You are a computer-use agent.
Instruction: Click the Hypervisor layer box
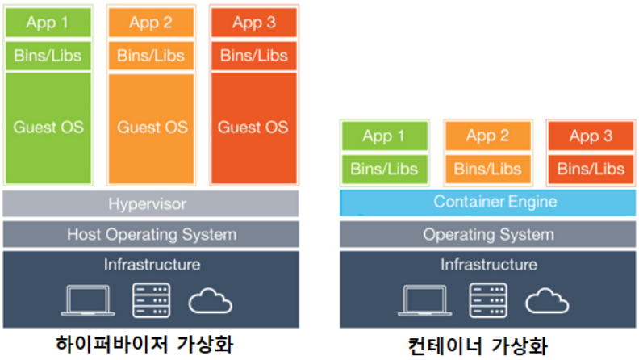click(150, 203)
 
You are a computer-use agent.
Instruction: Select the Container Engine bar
click(488, 203)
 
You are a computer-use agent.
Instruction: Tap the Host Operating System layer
click(151, 234)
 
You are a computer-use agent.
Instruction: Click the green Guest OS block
click(48, 128)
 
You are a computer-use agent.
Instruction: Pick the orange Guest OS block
click(151, 128)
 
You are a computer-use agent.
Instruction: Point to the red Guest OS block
click(254, 128)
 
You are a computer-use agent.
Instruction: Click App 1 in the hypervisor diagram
click(48, 23)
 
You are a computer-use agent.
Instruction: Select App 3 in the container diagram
click(591, 136)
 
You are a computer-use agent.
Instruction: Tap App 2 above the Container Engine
click(488, 136)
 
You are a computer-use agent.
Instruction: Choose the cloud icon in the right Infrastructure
click(547, 301)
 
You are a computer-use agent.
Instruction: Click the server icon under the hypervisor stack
click(151, 300)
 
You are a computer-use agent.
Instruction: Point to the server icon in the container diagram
click(488, 300)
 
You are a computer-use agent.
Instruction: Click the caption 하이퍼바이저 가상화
click(144, 344)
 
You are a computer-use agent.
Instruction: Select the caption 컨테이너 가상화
click(478, 345)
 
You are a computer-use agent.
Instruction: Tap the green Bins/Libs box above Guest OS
click(48, 56)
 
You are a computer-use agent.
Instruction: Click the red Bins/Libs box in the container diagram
click(591, 169)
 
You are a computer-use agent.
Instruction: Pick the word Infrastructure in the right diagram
click(489, 265)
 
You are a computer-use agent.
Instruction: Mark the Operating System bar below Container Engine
click(488, 234)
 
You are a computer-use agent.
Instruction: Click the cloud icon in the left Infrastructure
click(210, 301)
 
